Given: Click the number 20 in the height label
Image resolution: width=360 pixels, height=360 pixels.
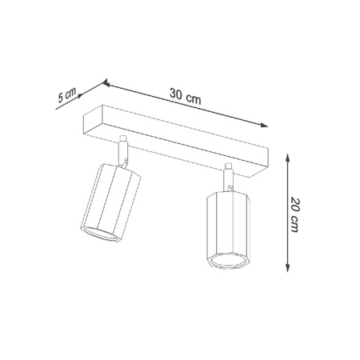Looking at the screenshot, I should click(297, 206).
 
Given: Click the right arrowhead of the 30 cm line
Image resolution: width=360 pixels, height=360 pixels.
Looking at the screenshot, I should click(263, 124).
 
